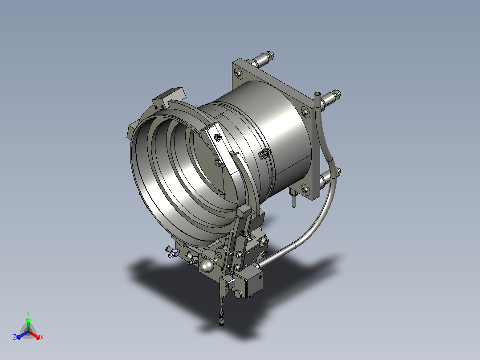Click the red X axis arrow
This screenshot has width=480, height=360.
click(x=34, y=335)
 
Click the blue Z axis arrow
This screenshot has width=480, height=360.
click(x=22, y=335)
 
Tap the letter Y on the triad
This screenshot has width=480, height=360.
click(x=28, y=313)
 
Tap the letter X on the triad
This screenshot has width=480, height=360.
click(x=42, y=337)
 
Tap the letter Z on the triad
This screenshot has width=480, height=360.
click(x=15, y=337)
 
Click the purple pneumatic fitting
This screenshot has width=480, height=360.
click(x=174, y=253)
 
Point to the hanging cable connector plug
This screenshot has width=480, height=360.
click(x=221, y=318)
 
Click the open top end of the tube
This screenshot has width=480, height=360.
click(x=317, y=93)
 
